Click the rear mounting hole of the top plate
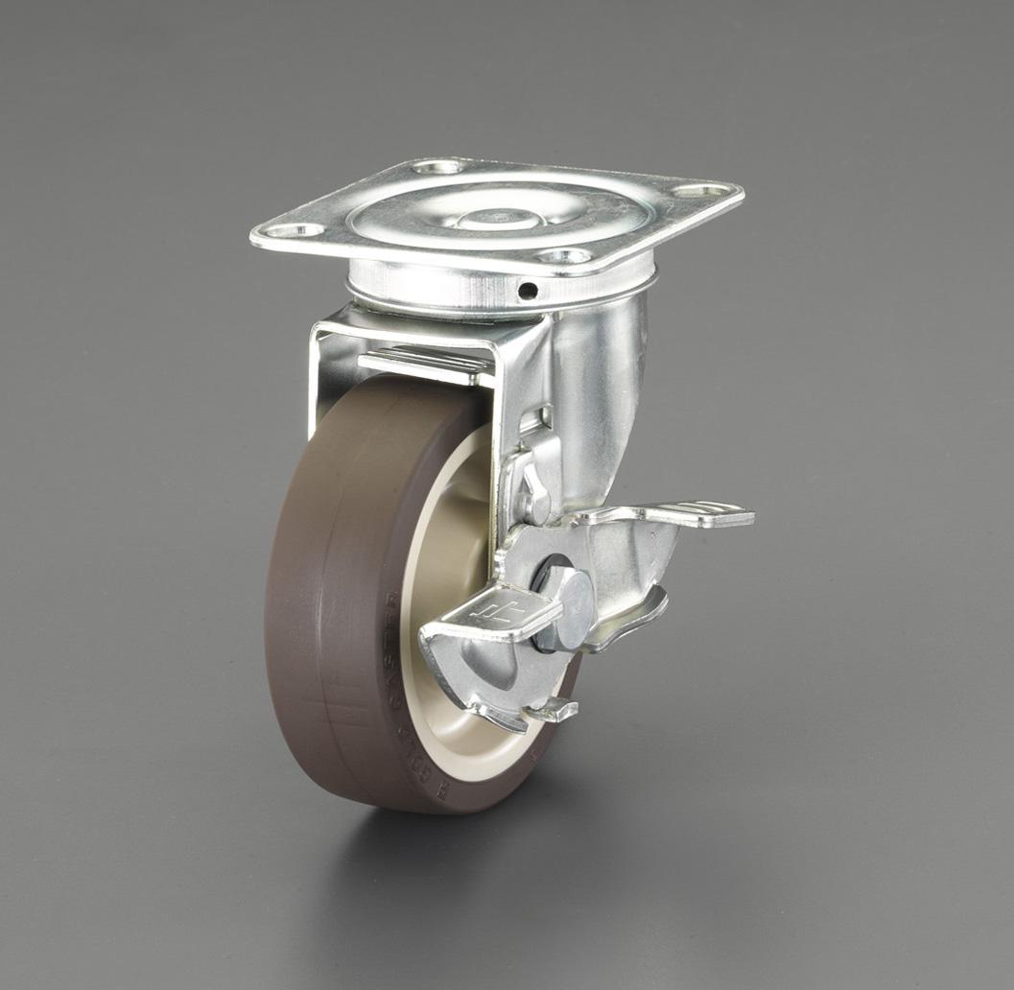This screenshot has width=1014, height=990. tap(437, 168)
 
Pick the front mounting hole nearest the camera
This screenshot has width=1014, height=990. tap(564, 256)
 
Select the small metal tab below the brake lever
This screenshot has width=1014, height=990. tap(552, 711)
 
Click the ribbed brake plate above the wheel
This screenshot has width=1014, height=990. tap(422, 365)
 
